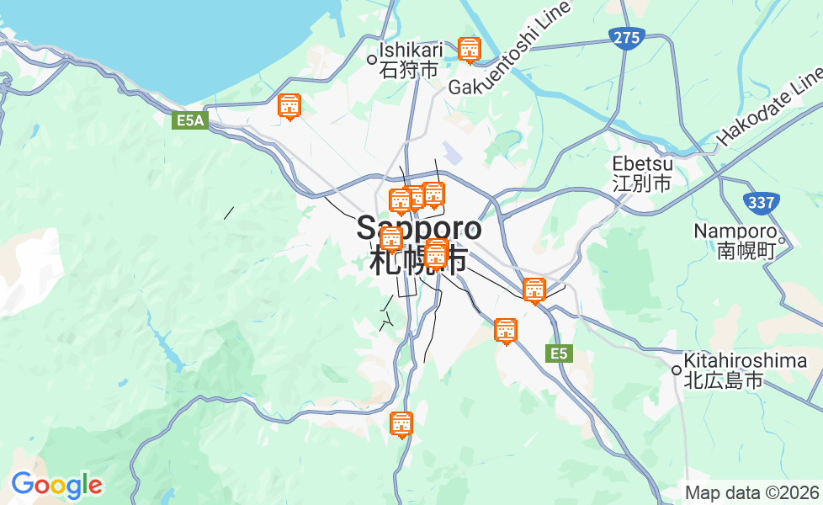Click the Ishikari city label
(411, 60)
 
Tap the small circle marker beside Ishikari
(372, 59)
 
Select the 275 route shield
(627, 38)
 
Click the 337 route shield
(761, 202)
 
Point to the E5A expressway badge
(190, 121)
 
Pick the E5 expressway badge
(560, 353)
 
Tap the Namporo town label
(734, 241)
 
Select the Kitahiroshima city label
(745, 370)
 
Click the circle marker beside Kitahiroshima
(676, 370)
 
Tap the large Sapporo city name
(419, 243)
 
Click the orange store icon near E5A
(289, 106)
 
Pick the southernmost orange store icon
(402, 424)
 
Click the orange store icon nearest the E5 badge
(506, 331)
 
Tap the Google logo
(56, 485)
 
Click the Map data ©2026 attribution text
(751, 493)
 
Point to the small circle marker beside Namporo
(782, 242)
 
